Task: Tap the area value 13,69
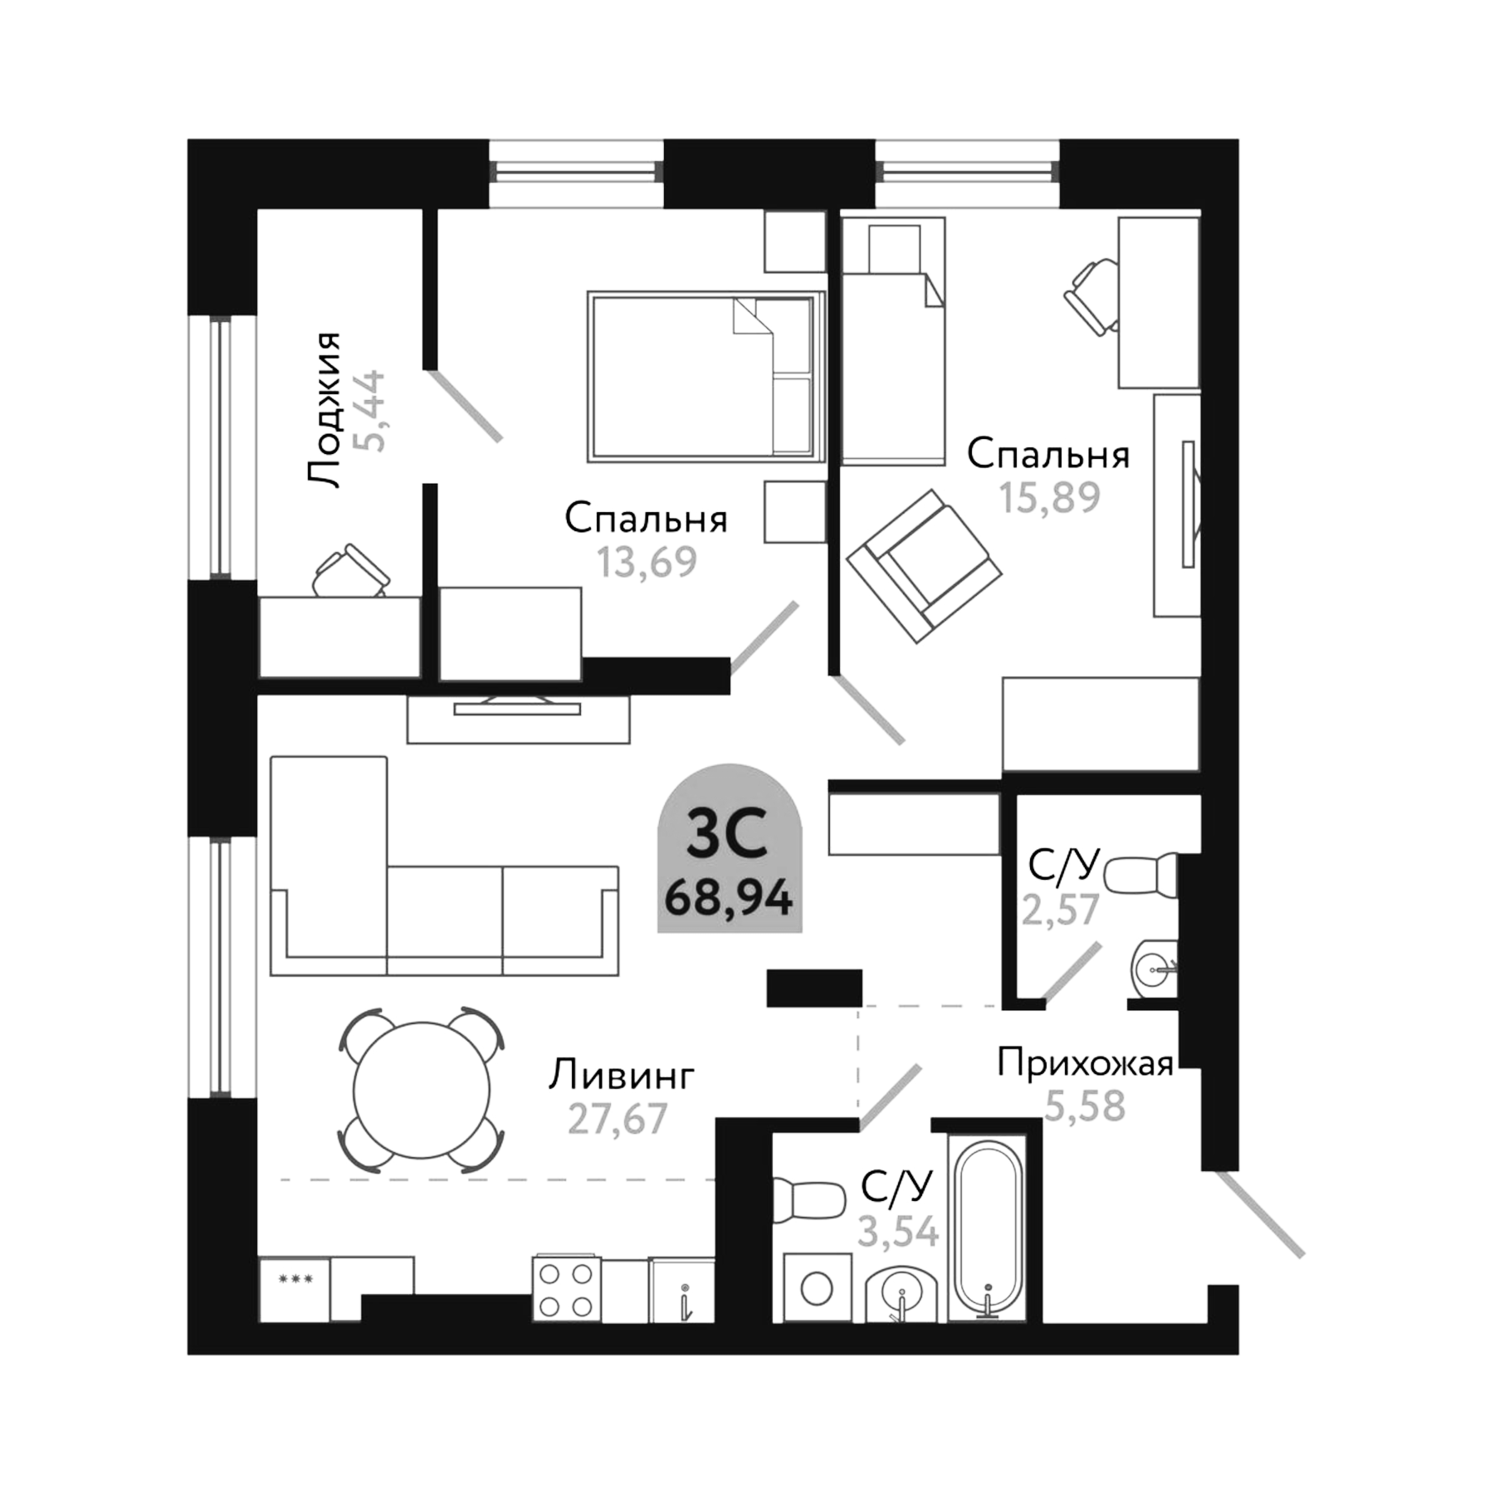click(647, 563)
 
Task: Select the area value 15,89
click(1049, 498)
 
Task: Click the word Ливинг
click(621, 1076)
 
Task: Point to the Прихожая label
click(1085, 1063)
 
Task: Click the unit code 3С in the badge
click(728, 837)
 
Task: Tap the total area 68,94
click(729, 898)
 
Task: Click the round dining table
click(422, 1090)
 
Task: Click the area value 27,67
click(618, 1119)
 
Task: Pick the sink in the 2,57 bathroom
click(1154, 967)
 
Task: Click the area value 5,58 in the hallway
click(1084, 1106)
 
